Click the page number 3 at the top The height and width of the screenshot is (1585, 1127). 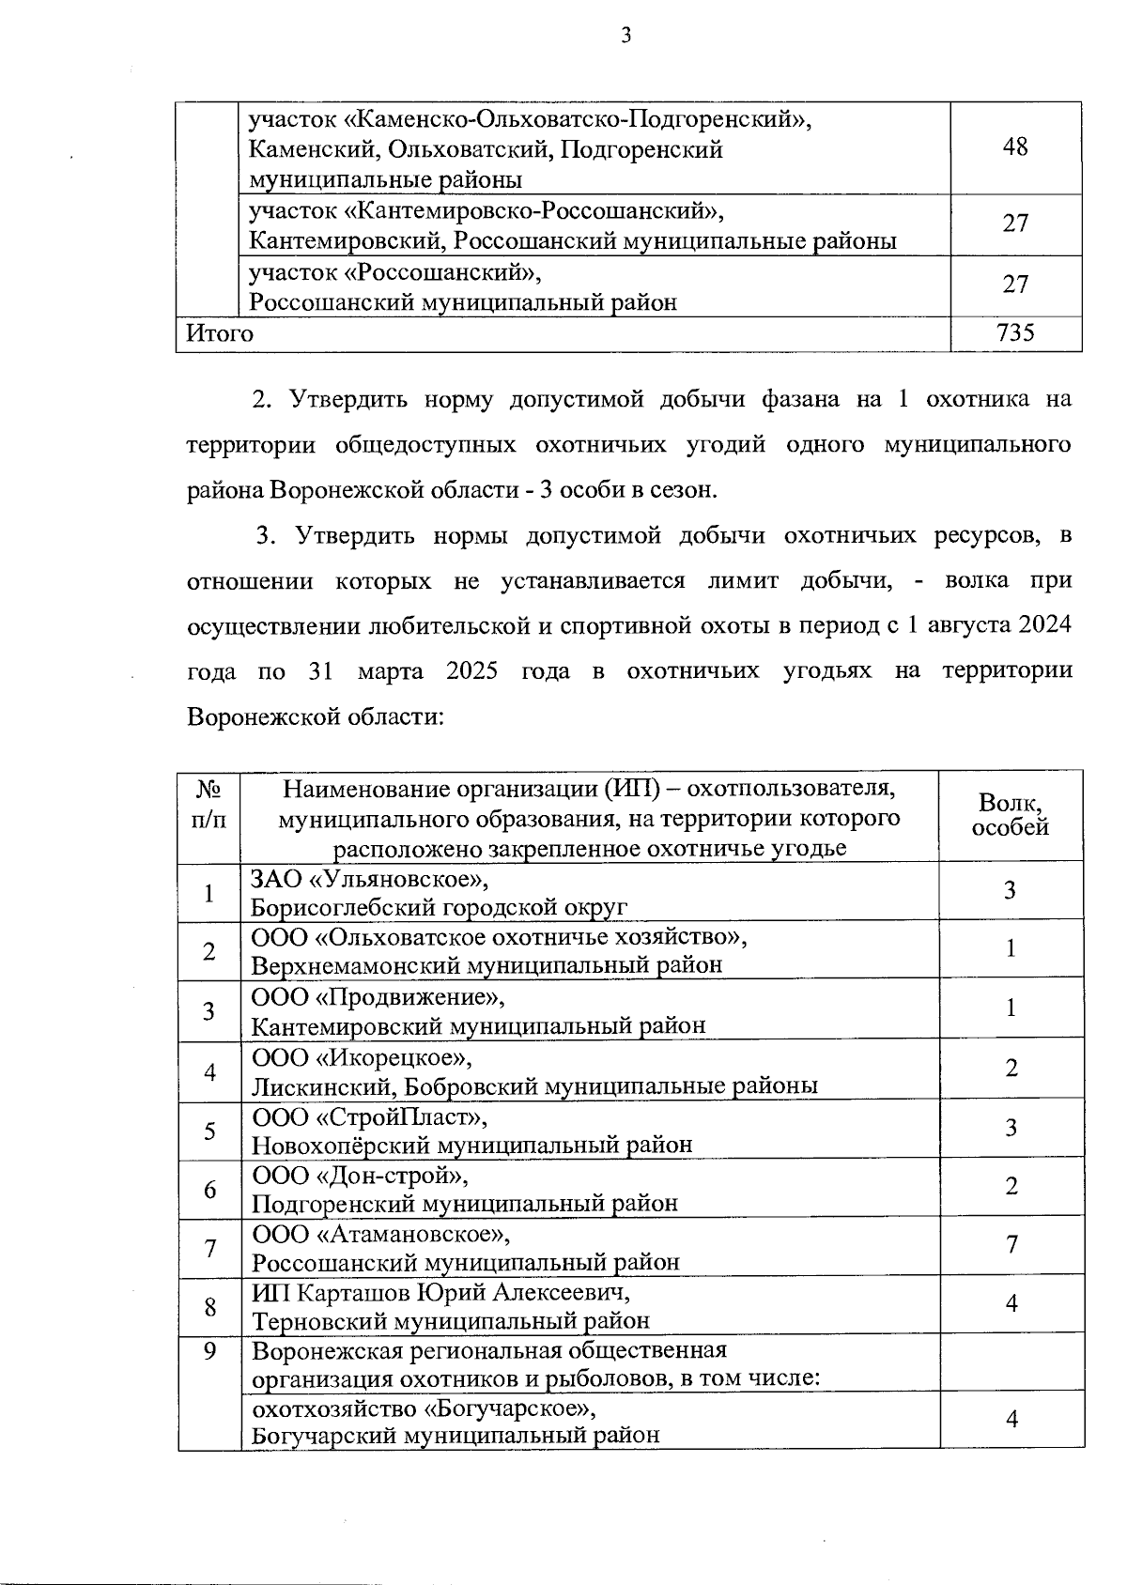pyautogui.click(x=625, y=36)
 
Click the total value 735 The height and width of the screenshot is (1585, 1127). pyautogui.click(x=1015, y=332)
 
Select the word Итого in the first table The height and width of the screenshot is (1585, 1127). pyautogui.click(x=220, y=333)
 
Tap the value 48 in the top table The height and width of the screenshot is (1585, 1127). pyautogui.click(x=1015, y=146)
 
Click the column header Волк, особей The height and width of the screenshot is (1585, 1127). pyautogui.click(x=1011, y=814)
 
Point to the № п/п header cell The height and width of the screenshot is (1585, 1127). pyautogui.click(x=208, y=805)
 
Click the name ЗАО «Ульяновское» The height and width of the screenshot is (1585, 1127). pyautogui.click(x=370, y=879)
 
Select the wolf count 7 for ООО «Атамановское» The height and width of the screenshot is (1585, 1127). pyautogui.click(x=1011, y=1245)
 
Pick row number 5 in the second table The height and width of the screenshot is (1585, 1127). pyautogui.click(x=209, y=1130)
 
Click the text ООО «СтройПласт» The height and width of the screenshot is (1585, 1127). pyautogui.click(x=370, y=1117)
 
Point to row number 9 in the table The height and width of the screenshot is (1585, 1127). pyautogui.click(x=209, y=1350)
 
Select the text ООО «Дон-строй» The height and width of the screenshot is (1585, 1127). pyautogui.click(x=360, y=1176)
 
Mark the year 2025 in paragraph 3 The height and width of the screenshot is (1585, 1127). pyautogui.click(x=478, y=671)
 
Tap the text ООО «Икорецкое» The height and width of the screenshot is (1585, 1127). pyautogui.click(x=362, y=1057)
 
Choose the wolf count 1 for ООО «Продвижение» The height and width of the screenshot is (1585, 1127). pyautogui.click(x=1011, y=1008)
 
